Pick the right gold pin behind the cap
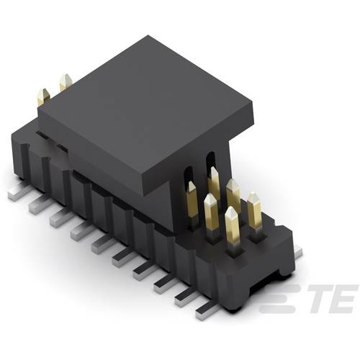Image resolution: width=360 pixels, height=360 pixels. point(65,83)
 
